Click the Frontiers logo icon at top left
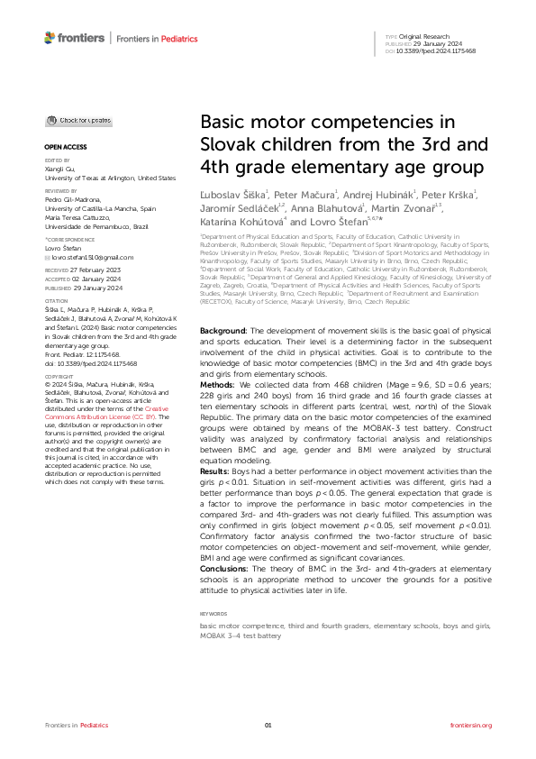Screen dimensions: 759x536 50,37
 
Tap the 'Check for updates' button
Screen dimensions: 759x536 80,120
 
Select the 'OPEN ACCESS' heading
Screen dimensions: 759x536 64,145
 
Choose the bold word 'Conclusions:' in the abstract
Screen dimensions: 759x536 224,568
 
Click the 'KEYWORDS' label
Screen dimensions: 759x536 213,614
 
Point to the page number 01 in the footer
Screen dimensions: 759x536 268,725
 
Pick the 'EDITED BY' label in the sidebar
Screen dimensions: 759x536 56,160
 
